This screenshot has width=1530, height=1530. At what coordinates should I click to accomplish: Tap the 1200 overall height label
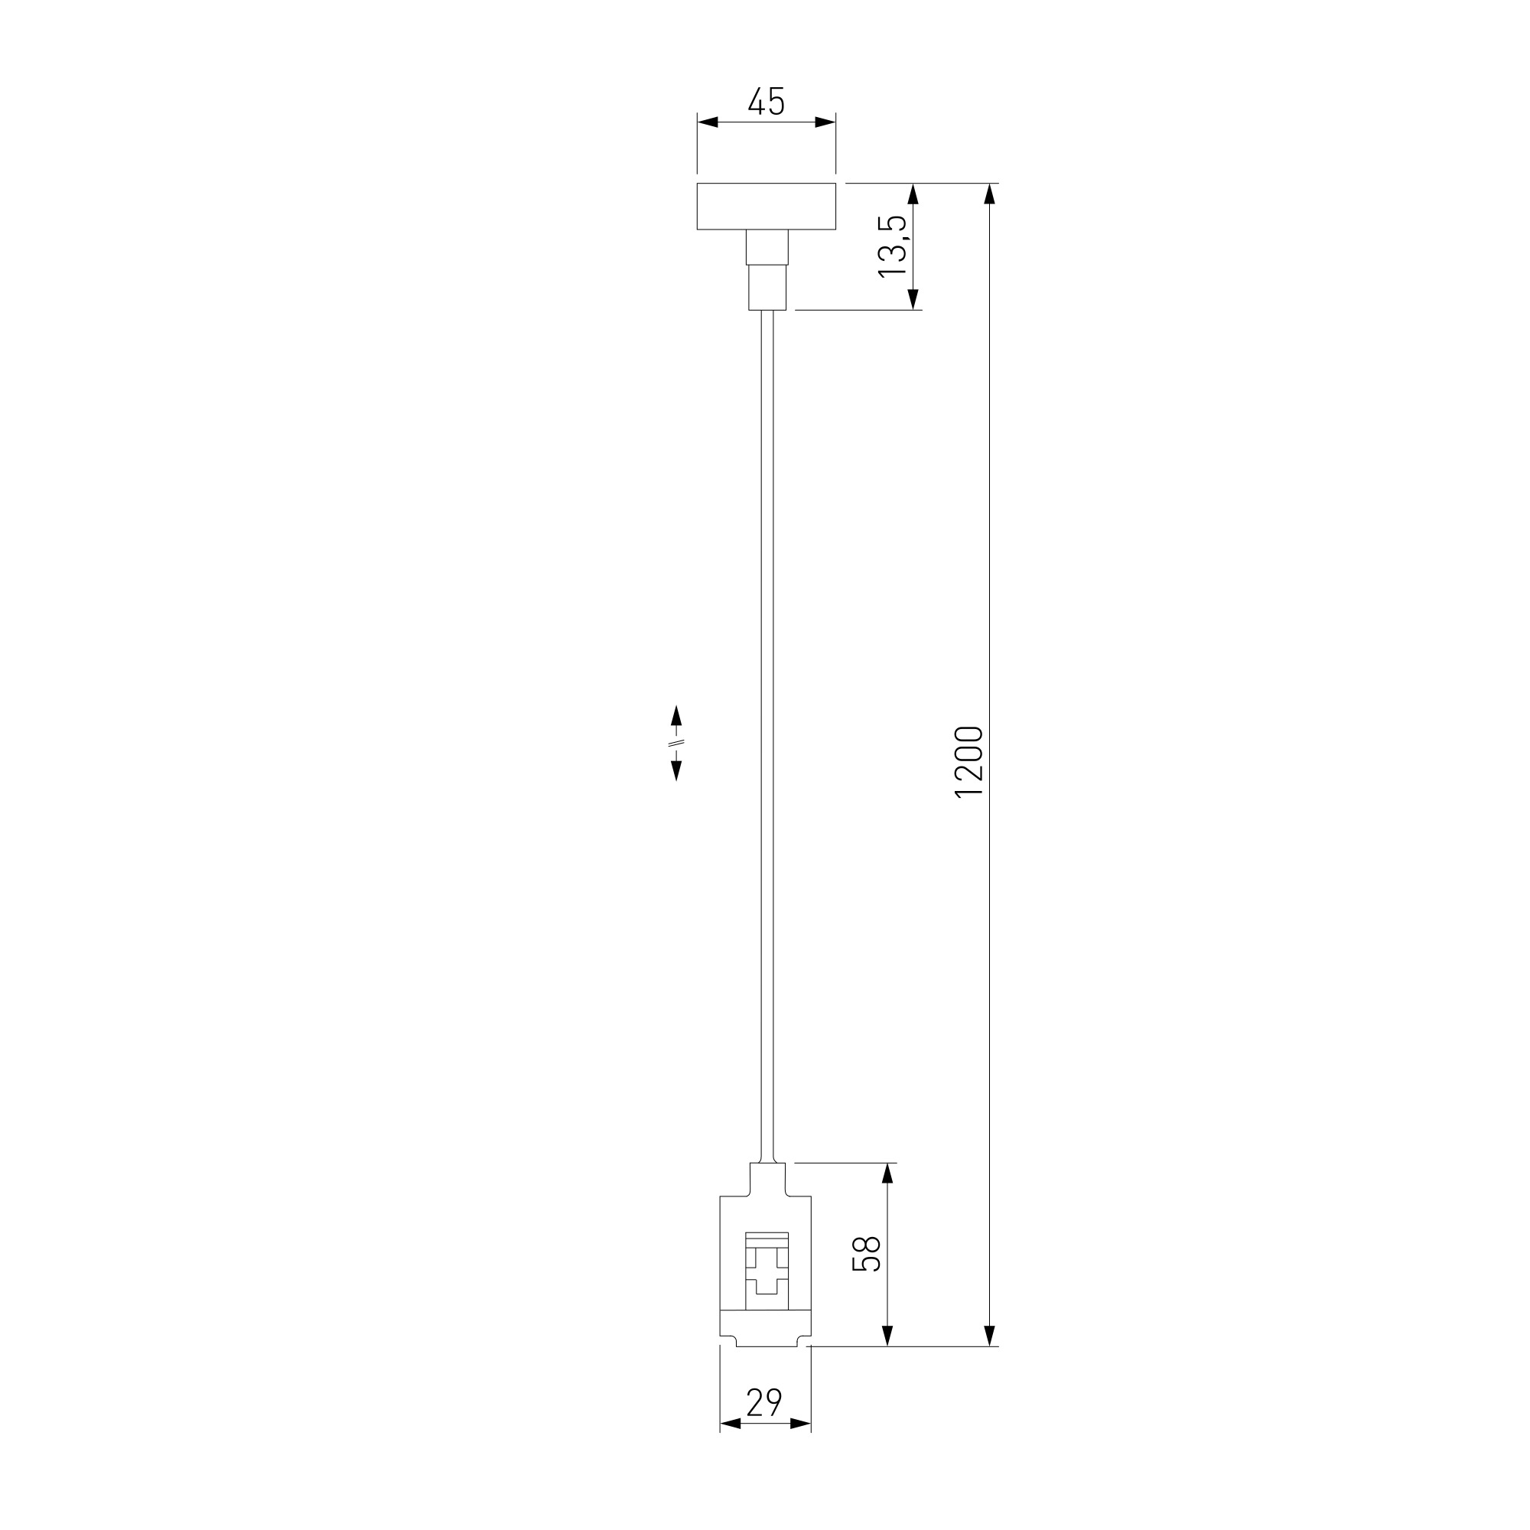(x=968, y=762)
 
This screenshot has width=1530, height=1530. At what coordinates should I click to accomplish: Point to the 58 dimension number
(x=867, y=1254)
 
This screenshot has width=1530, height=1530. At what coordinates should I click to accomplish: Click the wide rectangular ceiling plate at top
(x=766, y=206)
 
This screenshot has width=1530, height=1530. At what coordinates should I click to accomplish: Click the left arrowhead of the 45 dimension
(x=707, y=122)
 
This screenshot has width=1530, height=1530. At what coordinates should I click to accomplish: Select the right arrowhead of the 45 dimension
(x=825, y=122)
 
